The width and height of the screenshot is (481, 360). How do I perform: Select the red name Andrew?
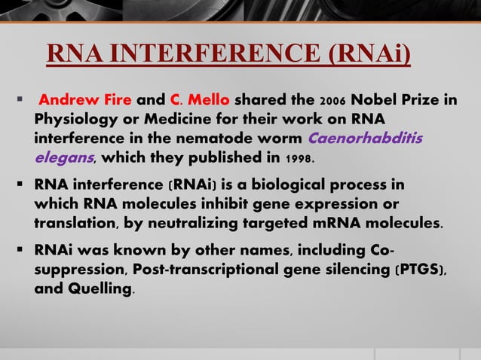point(64,100)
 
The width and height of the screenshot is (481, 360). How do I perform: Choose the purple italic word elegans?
point(63,159)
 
